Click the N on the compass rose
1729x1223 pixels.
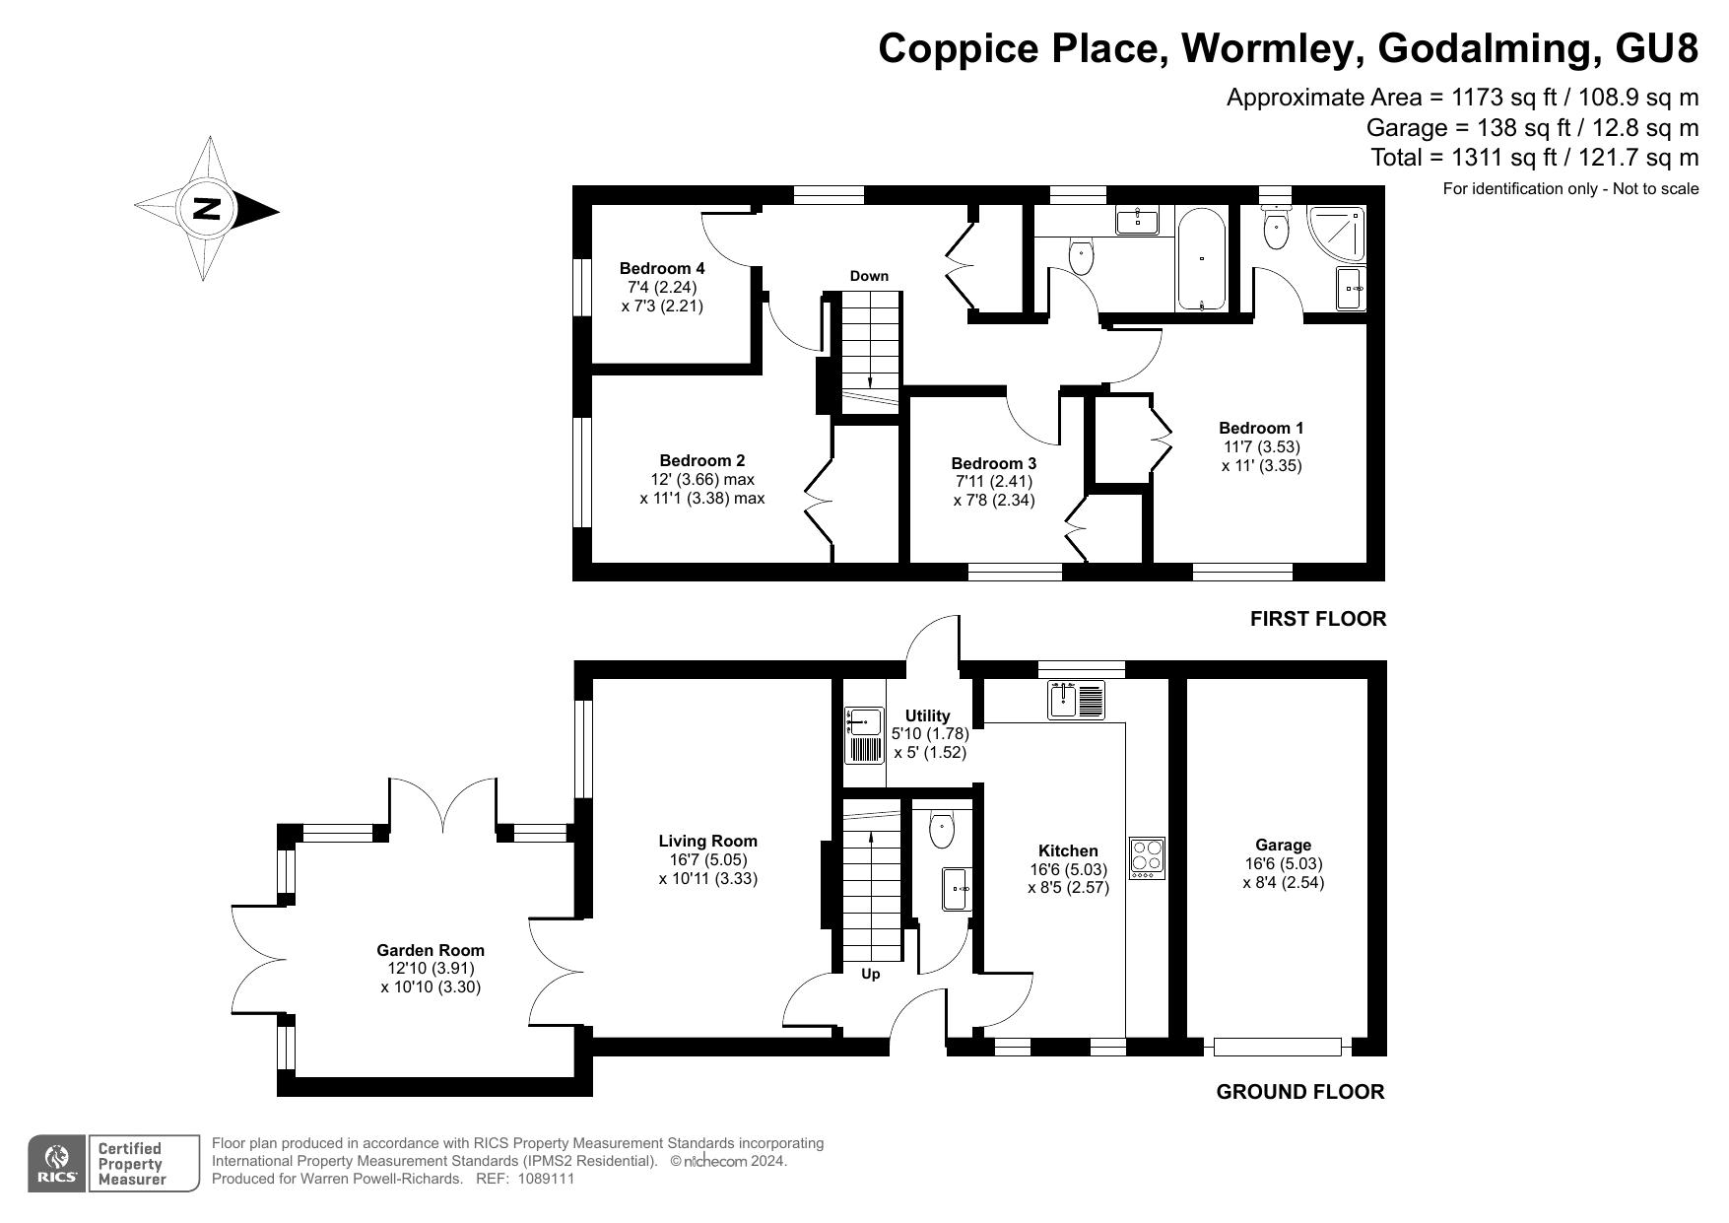(x=206, y=210)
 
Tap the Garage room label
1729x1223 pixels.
(x=1283, y=845)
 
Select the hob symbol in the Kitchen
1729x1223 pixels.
(x=1147, y=857)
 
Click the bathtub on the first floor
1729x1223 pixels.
(x=1201, y=258)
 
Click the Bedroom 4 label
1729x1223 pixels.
(x=661, y=268)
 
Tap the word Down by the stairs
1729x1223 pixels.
(x=869, y=276)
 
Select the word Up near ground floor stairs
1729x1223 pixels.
(x=871, y=974)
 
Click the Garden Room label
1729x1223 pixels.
(x=431, y=950)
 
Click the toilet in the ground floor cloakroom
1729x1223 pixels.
(x=942, y=829)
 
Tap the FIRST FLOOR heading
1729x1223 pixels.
(x=1317, y=619)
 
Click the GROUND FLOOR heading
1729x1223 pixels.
(x=1299, y=1091)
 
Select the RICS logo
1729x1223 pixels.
(x=58, y=1164)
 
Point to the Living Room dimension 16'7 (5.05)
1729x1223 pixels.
(x=707, y=859)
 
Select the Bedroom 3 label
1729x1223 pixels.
(x=993, y=463)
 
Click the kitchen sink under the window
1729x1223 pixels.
(x=1077, y=700)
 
